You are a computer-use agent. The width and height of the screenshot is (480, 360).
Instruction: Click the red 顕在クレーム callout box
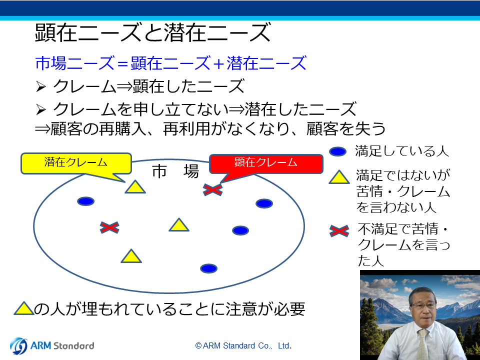point(265,164)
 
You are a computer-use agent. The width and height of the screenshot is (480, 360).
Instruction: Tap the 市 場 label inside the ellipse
point(175,171)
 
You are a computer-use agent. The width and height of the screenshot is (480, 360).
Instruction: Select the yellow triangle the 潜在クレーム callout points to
point(135,186)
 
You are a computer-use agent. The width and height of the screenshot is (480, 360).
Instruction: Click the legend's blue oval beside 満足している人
point(337,151)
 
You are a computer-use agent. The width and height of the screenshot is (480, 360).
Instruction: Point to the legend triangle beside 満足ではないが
point(339,177)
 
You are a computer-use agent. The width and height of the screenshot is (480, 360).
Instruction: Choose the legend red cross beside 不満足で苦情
point(339,231)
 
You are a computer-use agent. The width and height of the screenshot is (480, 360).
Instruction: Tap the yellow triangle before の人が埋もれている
point(24,308)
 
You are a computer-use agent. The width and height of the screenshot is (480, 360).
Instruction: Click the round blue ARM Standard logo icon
point(18,346)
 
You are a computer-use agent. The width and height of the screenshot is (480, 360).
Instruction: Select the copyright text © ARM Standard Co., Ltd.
point(243,346)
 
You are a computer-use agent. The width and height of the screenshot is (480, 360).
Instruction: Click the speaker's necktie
point(423,345)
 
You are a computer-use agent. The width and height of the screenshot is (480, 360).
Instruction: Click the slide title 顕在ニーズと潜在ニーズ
point(153,33)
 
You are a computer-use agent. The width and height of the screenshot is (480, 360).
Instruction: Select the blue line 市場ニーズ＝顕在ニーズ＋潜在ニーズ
point(171,63)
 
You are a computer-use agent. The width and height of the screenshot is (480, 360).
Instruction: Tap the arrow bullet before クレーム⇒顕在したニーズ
point(40,87)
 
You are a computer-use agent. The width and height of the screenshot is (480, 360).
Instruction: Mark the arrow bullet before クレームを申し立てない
point(40,109)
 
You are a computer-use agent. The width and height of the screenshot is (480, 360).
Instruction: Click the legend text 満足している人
point(402,151)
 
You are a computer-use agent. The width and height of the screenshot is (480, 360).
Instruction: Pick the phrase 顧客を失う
point(346,129)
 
